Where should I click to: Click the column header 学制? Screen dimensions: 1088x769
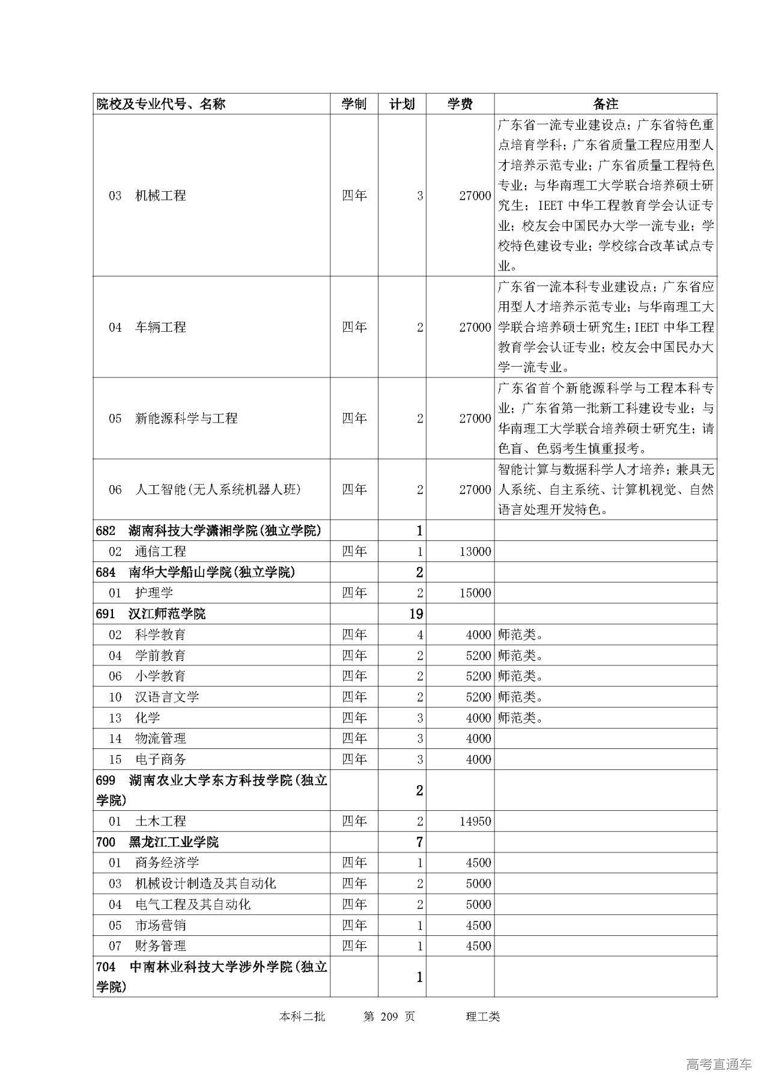pyautogui.click(x=354, y=104)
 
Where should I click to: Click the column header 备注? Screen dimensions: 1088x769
pyautogui.click(x=606, y=104)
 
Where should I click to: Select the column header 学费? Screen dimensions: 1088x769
pyautogui.click(x=460, y=104)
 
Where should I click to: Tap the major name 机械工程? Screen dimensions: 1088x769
pyautogui.click(x=160, y=195)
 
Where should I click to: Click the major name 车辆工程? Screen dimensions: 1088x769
pyautogui.click(x=160, y=327)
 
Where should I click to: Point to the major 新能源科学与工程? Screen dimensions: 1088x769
pyautogui.click(x=186, y=418)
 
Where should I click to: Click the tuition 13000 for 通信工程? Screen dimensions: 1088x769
pyautogui.click(x=475, y=551)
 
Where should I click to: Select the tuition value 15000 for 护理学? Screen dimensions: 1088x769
pyautogui.click(x=475, y=593)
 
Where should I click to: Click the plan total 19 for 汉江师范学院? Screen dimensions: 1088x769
pyautogui.click(x=416, y=614)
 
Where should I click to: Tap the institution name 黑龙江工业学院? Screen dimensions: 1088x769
pyautogui.click(x=174, y=842)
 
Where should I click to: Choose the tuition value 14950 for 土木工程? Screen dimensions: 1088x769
pyautogui.click(x=475, y=821)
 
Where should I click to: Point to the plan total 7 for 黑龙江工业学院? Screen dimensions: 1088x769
pyautogui.click(x=419, y=842)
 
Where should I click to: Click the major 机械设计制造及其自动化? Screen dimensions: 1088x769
pyautogui.click(x=205, y=884)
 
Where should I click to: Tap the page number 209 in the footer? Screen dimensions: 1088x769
pyautogui.click(x=389, y=1016)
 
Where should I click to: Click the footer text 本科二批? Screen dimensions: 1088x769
pyautogui.click(x=302, y=1016)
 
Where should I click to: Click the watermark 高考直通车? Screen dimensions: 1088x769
pyautogui.click(x=719, y=1064)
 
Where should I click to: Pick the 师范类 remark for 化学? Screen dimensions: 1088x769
pyautogui.click(x=520, y=718)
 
